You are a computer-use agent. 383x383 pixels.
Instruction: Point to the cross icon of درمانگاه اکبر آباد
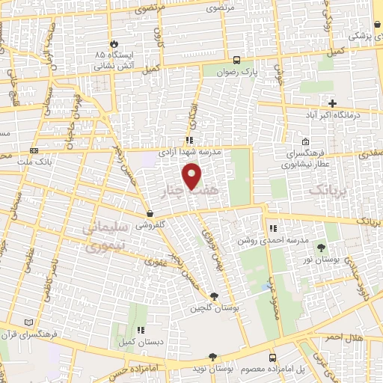(x=333, y=103)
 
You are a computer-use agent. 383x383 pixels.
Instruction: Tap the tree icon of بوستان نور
(x=321, y=247)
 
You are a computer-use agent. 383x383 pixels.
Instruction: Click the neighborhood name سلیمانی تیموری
(x=101, y=237)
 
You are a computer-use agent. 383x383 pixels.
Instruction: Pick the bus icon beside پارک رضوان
(x=237, y=61)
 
